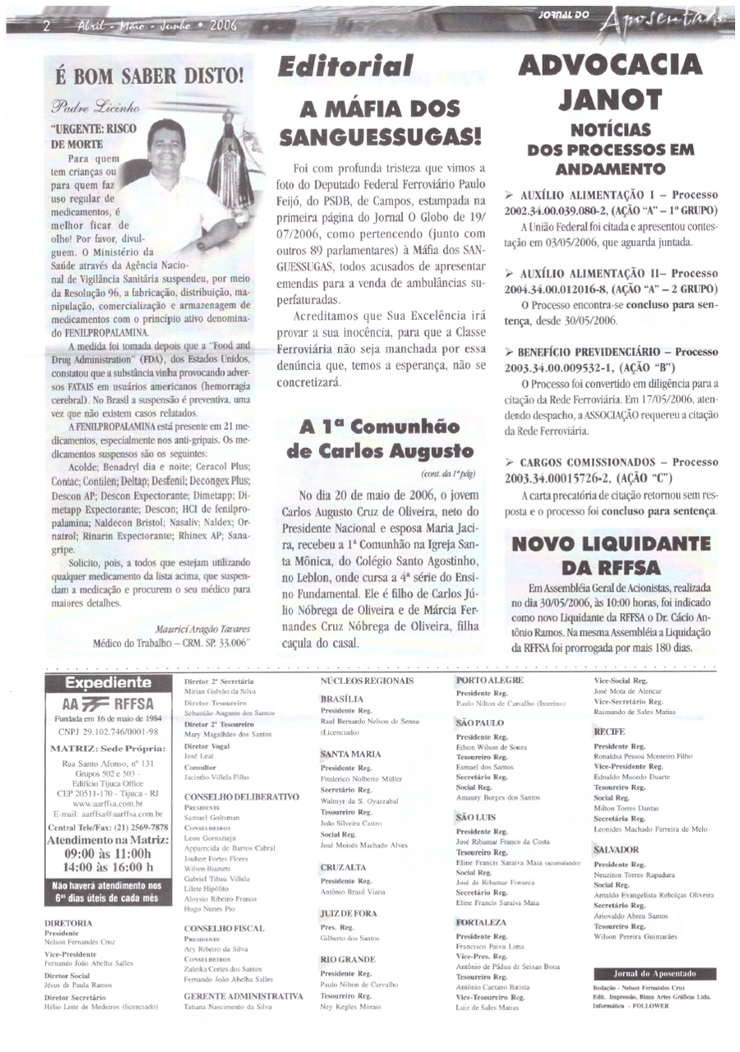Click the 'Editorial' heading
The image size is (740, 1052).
[x=345, y=67]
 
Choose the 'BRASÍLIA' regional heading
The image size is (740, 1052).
[x=343, y=699]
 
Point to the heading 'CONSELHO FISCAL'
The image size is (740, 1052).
[x=219, y=928]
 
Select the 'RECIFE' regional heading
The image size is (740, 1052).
[x=609, y=731]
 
